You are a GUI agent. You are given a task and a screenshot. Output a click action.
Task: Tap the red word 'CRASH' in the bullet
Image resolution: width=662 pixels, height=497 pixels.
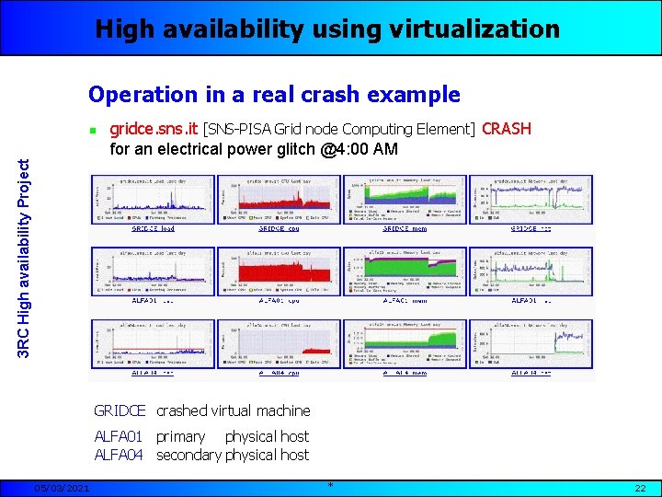[507, 129]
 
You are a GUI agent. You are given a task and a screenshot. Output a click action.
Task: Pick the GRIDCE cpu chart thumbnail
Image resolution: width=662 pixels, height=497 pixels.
[278, 200]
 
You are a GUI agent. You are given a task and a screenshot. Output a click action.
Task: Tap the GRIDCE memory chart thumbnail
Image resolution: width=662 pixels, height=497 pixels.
[405, 200]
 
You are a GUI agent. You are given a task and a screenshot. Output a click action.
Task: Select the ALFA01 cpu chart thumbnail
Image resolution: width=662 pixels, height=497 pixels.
[278, 272]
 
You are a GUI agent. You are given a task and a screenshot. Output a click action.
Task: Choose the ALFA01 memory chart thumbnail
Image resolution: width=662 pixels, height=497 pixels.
[405, 272]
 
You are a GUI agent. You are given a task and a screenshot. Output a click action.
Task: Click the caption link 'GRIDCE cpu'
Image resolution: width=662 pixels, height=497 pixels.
[279, 228]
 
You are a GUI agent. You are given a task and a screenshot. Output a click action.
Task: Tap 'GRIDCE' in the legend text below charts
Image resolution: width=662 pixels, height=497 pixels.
[120, 410]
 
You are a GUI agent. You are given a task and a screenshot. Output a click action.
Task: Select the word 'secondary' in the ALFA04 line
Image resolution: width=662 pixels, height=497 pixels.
[188, 455]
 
